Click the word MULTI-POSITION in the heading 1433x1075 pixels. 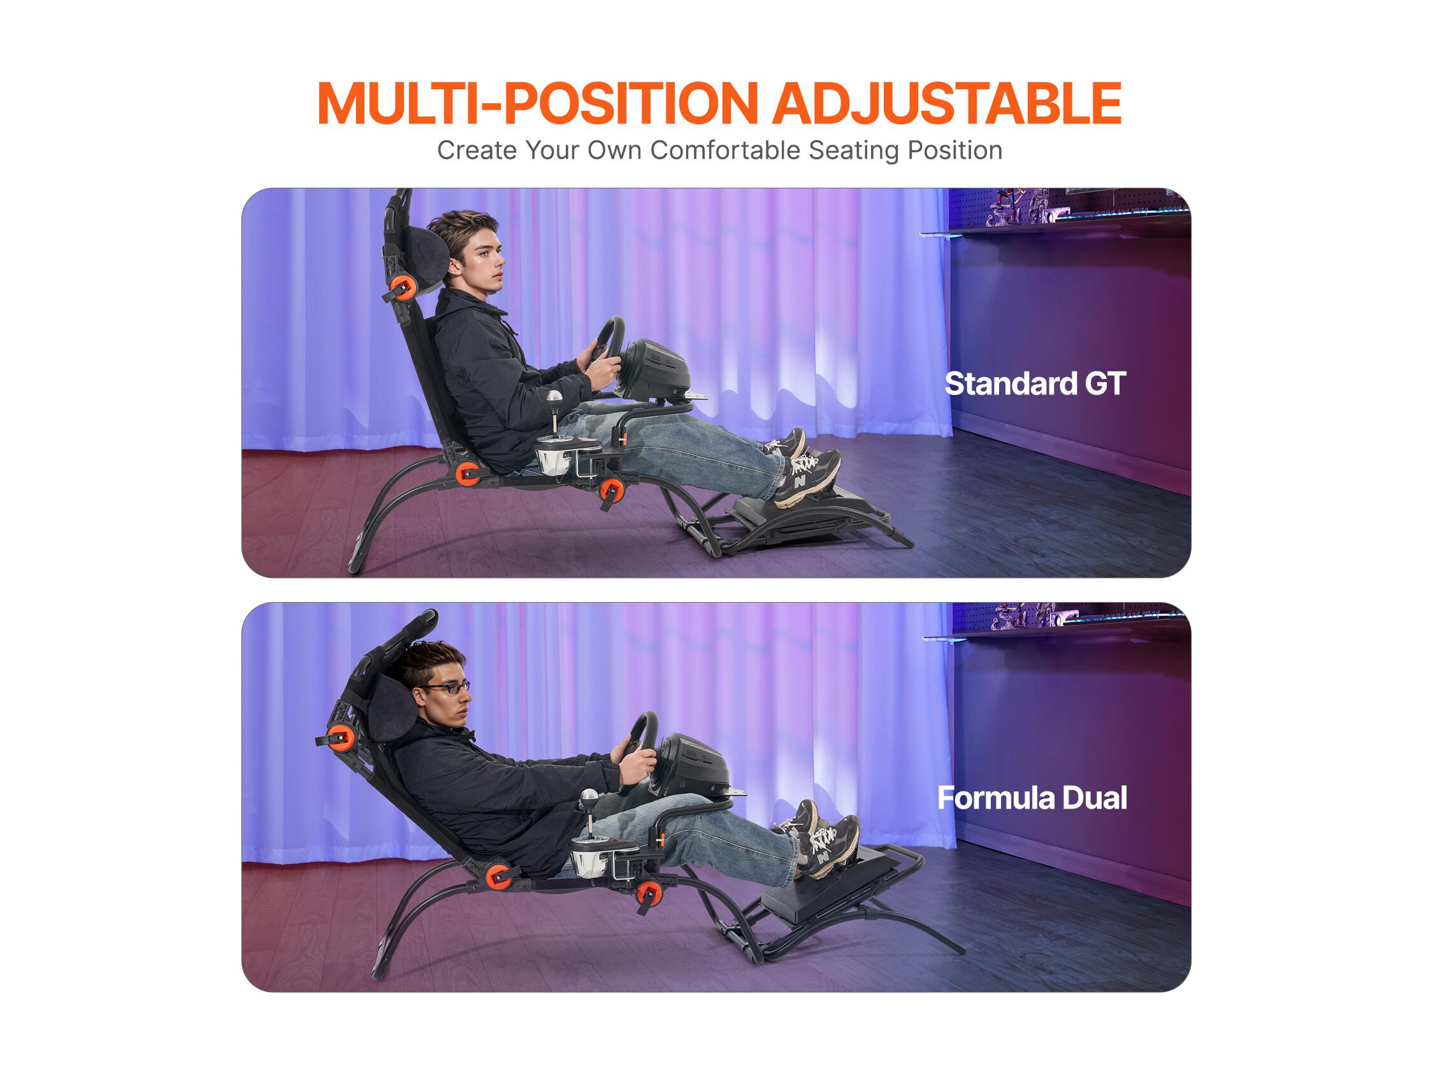tap(538, 103)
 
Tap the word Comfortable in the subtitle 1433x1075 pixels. tap(726, 150)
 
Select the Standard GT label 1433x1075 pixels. tap(1035, 384)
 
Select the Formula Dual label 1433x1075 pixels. tap(1032, 798)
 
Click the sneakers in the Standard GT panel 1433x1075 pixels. tap(801, 466)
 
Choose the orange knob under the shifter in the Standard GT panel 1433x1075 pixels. tap(610, 491)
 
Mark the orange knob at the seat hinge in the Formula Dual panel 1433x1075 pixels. tap(497, 876)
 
